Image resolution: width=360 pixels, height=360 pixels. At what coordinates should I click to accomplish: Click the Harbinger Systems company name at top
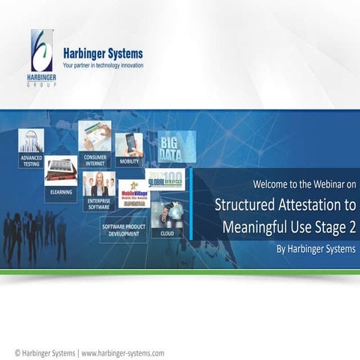103,54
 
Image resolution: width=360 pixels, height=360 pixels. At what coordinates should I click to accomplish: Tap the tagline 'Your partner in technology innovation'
103,66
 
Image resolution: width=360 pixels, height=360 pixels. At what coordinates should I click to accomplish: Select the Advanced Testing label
31,161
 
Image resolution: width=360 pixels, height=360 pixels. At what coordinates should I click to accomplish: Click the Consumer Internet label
94,159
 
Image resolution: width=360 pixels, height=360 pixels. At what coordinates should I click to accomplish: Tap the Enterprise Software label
99,204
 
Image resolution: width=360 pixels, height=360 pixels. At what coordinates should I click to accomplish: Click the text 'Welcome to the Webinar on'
304,184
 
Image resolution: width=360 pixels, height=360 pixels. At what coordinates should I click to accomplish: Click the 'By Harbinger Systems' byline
316,248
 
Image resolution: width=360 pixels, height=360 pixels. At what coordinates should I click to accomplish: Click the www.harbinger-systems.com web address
122,352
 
